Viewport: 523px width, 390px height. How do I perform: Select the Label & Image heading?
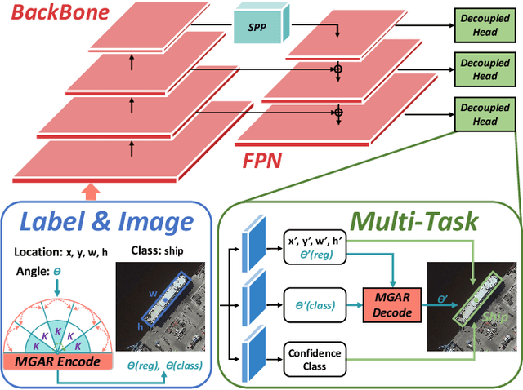coord(106,220)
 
